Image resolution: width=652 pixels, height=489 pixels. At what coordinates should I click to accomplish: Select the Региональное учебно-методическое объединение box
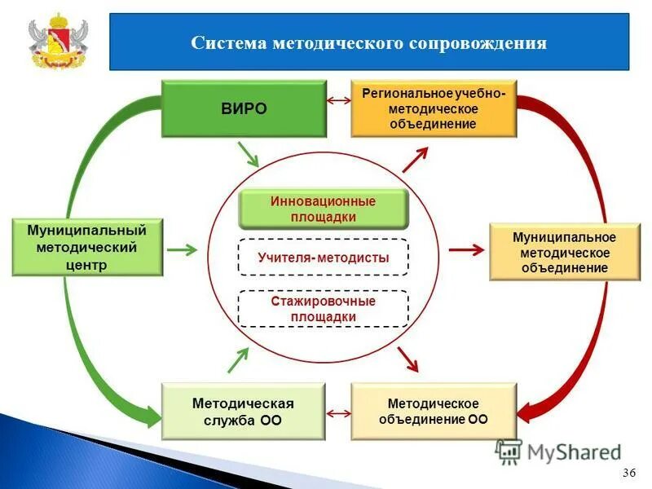pyautogui.click(x=434, y=108)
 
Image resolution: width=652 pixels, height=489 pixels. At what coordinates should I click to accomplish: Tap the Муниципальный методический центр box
pyautogui.click(x=88, y=247)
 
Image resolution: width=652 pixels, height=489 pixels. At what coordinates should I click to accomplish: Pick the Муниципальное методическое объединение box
pyautogui.click(x=564, y=252)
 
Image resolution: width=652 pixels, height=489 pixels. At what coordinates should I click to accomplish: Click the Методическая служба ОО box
pyautogui.click(x=243, y=412)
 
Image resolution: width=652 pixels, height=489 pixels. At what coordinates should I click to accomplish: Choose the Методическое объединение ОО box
pyautogui.click(x=434, y=412)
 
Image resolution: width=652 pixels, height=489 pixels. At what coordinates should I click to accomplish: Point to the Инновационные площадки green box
pyautogui.click(x=323, y=209)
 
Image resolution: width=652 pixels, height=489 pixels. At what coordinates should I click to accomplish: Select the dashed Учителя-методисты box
pyautogui.click(x=323, y=258)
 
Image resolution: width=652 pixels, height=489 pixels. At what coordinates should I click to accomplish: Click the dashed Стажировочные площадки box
pyautogui.click(x=323, y=309)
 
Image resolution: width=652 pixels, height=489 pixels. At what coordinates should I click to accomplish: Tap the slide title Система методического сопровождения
pyautogui.click(x=368, y=42)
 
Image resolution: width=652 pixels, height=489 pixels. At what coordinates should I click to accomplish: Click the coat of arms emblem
pyautogui.click(x=58, y=41)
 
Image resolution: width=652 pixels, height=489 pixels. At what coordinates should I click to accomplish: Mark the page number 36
pyautogui.click(x=628, y=474)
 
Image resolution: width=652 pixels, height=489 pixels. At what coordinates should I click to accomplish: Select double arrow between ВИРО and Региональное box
pyautogui.click(x=338, y=100)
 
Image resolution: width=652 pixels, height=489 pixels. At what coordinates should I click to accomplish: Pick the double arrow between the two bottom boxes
pyautogui.click(x=338, y=414)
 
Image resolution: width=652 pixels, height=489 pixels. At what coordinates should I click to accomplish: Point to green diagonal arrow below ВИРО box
pyautogui.click(x=249, y=154)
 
